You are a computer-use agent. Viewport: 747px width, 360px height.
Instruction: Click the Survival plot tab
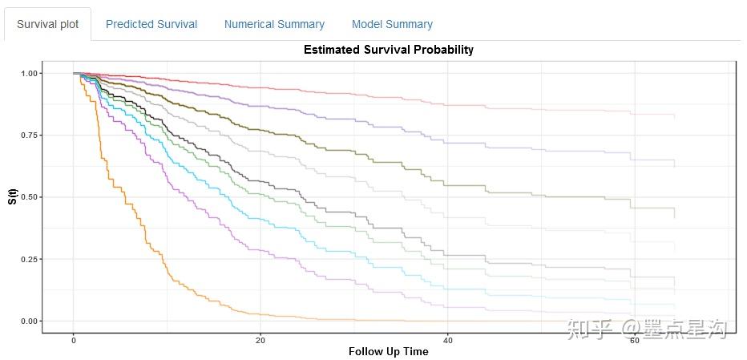tap(48, 24)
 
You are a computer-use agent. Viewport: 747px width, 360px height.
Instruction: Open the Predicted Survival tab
tap(151, 24)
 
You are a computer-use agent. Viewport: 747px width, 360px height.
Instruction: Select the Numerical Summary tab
tap(274, 24)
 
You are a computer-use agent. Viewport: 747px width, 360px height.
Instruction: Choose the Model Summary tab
tap(392, 24)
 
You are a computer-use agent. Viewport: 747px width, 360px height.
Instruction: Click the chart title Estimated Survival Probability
tap(388, 50)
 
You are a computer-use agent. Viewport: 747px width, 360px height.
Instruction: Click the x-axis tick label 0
tap(73, 340)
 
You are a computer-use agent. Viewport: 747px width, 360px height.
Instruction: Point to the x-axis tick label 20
tap(260, 340)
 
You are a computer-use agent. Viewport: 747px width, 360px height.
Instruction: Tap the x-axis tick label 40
tap(447, 340)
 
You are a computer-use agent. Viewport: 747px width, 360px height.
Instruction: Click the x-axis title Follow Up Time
tap(388, 351)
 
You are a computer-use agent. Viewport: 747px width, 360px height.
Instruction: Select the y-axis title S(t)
tap(12, 196)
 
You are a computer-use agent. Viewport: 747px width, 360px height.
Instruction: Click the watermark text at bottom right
tap(646, 328)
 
